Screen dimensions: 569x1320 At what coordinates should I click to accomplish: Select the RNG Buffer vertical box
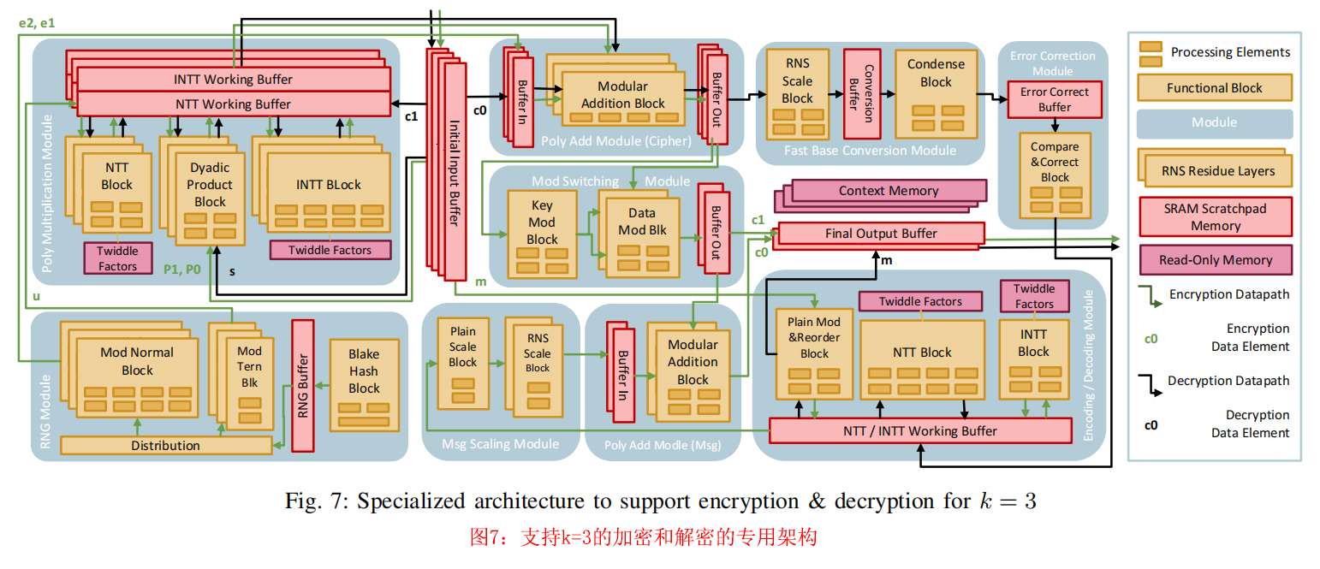click(303, 385)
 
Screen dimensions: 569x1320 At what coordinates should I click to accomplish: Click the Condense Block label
click(935, 73)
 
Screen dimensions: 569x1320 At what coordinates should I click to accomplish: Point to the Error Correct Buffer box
click(1054, 99)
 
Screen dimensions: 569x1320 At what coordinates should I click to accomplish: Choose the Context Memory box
click(889, 191)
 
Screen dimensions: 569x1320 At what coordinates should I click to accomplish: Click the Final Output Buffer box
click(880, 233)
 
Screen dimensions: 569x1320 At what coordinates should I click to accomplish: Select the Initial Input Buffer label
click(454, 171)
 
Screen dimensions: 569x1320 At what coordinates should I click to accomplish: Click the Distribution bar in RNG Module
click(165, 445)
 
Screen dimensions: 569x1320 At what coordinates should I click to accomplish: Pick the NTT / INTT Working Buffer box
click(920, 430)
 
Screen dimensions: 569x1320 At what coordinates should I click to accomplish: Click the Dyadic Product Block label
click(210, 184)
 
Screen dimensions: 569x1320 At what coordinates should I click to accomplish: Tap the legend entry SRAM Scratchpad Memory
click(1215, 217)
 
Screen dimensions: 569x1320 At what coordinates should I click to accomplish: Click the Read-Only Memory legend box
click(1215, 260)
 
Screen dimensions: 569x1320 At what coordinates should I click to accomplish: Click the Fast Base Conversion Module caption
click(870, 151)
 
